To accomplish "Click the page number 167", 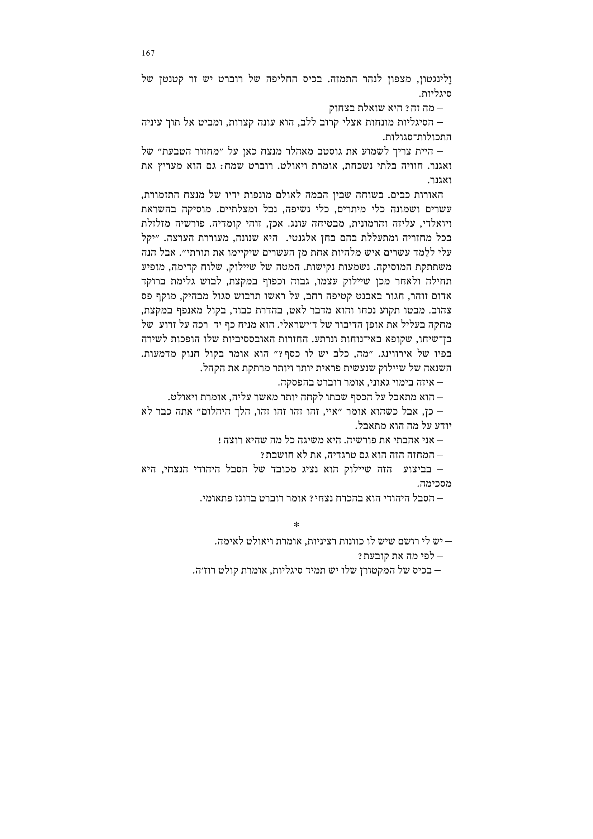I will [x=148, y=53].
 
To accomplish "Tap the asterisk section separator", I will [x=296, y=525].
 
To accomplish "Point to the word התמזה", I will [x=341, y=80].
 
